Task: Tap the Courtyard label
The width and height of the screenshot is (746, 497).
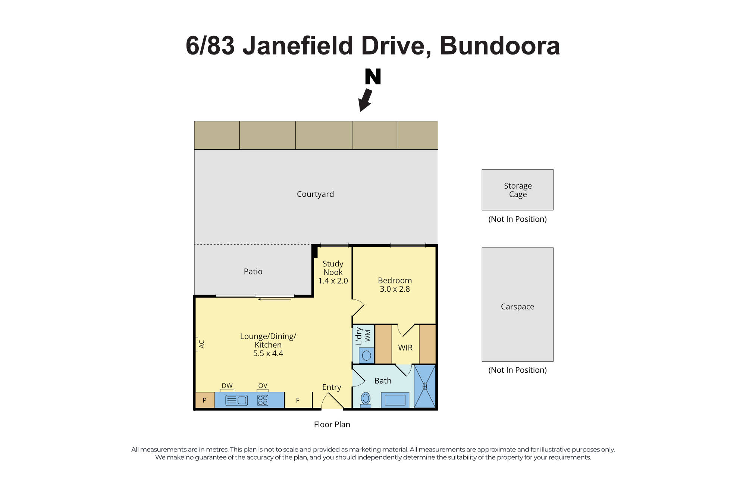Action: coord(315,194)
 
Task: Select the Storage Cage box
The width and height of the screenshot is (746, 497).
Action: coord(517,190)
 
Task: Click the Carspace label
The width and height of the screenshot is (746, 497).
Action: coord(517,307)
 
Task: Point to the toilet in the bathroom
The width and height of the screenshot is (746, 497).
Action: coord(366,399)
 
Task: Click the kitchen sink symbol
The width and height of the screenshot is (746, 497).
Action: coord(236,400)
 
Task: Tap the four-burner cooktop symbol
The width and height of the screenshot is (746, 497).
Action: coord(263,400)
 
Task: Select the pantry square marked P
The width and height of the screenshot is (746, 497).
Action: coord(204,400)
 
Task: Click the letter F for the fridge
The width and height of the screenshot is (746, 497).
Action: coord(298,400)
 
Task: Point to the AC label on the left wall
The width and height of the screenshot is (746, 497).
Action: coord(201,344)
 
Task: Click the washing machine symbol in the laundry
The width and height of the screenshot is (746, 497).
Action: coord(367,355)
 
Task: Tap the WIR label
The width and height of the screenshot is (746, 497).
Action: coord(405,348)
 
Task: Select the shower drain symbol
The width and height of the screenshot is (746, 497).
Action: coord(424,386)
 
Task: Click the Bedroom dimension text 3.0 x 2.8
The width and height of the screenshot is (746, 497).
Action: coord(395,289)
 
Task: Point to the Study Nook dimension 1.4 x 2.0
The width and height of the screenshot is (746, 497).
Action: coord(333,281)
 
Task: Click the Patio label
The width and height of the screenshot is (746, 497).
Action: coord(253,271)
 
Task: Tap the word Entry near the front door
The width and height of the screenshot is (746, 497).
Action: coord(332,387)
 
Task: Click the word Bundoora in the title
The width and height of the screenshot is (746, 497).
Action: coord(499,46)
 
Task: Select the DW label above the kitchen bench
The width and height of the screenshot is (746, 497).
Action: coord(227,386)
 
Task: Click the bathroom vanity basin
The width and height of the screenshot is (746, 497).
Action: coord(395,400)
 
